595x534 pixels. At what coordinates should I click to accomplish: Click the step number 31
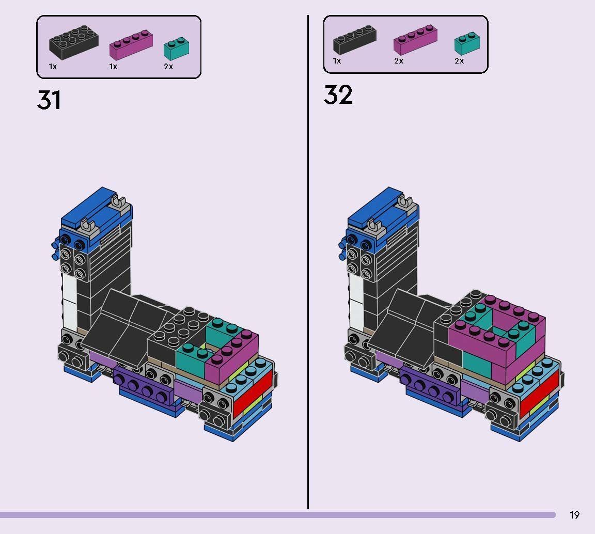(x=49, y=100)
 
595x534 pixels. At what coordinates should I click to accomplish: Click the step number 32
(x=338, y=96)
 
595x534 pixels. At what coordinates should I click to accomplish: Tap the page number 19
(x=574, y=515)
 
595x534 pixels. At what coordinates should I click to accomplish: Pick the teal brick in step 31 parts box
(x=176, y=48)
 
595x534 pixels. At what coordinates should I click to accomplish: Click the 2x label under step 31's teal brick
(x=168, y=67)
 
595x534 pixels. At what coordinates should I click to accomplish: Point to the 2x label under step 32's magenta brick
(x=398, y=61)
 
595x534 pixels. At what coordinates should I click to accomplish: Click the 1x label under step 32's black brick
(x=337, y=61)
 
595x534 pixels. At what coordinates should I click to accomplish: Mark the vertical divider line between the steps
(x=308, y=258)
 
